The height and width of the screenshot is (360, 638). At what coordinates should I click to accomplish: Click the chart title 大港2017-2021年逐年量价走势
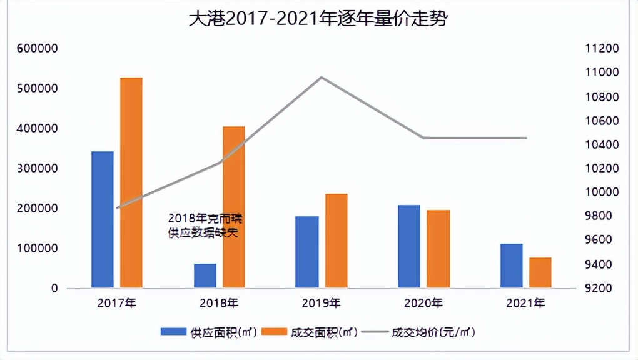coord(319,18)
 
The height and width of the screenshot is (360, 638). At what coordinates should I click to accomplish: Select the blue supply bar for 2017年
coord(103,219)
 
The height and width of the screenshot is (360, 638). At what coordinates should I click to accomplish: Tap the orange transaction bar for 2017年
coord(131,182)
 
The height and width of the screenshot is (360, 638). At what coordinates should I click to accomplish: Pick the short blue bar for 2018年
coord(205,276)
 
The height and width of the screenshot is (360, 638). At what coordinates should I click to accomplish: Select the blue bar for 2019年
coord(307,252)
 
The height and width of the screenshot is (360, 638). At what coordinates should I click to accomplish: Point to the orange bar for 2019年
coord(337,241)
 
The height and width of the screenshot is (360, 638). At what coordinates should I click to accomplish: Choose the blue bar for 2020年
coord(409,246)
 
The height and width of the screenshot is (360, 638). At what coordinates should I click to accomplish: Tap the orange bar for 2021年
coord(540,272)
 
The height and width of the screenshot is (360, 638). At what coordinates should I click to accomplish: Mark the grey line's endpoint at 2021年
coord(526,137)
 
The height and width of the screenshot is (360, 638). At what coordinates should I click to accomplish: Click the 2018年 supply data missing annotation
coord(204,226)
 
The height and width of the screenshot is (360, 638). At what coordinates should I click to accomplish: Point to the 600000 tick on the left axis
coord(38,49)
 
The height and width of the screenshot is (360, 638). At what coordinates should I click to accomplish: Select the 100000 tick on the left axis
coord(38,249)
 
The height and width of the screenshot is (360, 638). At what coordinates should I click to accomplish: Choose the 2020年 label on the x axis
coord(423,304)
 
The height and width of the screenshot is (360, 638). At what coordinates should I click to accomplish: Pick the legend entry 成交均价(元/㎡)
coord(432,332)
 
